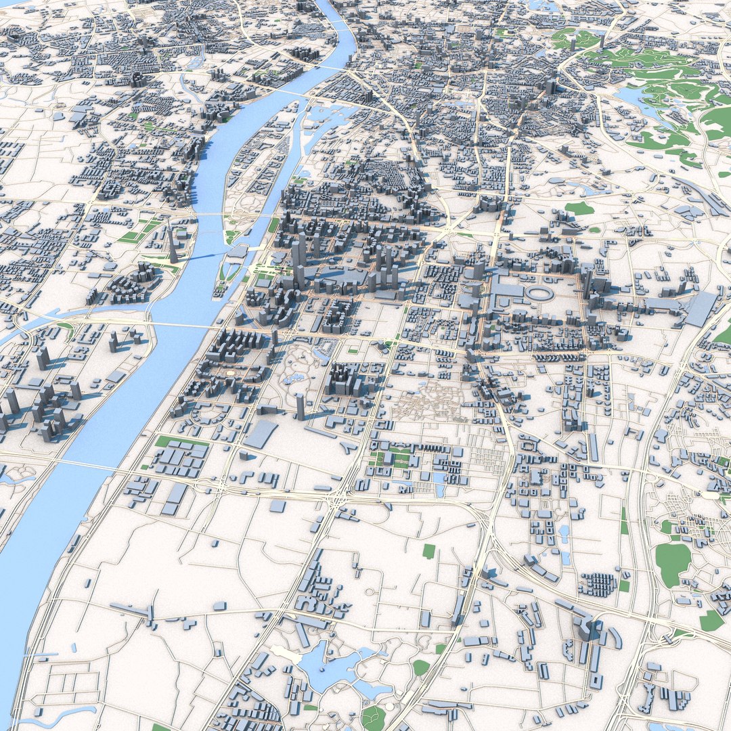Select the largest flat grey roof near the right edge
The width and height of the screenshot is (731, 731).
tap(700, 308)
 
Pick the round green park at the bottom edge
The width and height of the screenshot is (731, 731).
tap(373, 717)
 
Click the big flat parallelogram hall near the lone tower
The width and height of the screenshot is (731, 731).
tap(260, 434)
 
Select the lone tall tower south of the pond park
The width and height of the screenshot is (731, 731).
tap(300, 406)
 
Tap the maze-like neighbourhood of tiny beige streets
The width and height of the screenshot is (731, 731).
tap(426, 403)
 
